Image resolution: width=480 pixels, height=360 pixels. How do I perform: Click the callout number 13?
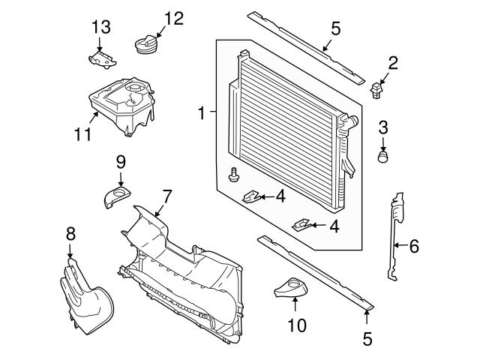click(101, 27)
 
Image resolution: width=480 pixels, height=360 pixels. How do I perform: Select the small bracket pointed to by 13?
click(100, 58)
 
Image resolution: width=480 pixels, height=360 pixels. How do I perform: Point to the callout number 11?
click(82, 135)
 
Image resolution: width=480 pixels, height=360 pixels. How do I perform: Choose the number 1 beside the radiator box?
click(201, 114)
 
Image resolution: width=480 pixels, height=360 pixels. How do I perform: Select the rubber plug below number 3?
click(383, 157)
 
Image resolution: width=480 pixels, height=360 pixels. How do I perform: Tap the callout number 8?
click(70, 233)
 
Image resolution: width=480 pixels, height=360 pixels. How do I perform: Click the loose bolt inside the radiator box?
click(233, 175)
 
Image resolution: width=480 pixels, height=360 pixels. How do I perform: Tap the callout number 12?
click(173, 18)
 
